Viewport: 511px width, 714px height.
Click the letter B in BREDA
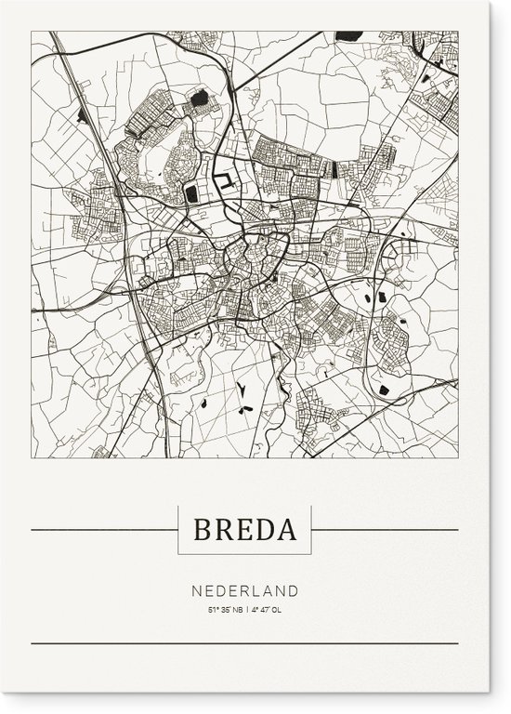pyautogui.click(x=203, y=530)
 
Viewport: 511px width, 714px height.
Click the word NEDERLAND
pyautogui.click(x=245, y=590)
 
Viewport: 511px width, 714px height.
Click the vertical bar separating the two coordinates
pyautogui.click(x=246, y=610)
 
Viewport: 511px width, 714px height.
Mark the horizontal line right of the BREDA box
pyautogui.click(x=385, y=530)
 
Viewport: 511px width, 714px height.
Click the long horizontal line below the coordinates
pyautogui.click(x=245, y=642)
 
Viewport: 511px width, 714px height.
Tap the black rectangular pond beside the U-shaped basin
pyautogui.click(x=192, y=193)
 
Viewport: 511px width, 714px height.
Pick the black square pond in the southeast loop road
pyautogui.click(x=384, y=389)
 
